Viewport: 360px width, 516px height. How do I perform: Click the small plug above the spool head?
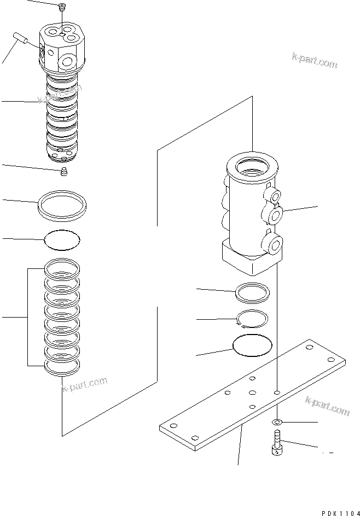(62, 6)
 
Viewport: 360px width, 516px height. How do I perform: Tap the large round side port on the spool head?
(67, 61)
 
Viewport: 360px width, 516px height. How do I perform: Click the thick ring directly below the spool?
(63, 206)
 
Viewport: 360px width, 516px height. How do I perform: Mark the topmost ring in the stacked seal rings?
(61, 267)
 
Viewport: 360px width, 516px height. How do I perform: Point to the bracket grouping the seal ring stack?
(28, 317)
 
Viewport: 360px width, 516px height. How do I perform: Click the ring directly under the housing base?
(251, 292)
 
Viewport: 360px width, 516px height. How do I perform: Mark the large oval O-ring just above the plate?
(252, 345)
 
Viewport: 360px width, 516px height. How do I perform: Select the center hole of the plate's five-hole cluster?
(252, 392)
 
